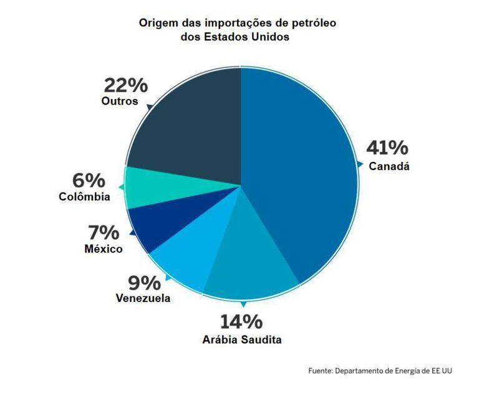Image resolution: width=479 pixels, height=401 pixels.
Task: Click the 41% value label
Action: [x=387, y=148]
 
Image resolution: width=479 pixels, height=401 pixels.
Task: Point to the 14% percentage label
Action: [x=241, y=322]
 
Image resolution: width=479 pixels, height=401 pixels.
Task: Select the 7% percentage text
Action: [x=103, y=233]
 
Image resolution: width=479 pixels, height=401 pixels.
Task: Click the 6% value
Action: [x=89, y=181]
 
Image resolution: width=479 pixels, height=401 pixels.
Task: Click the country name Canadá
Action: [x=389, y=166]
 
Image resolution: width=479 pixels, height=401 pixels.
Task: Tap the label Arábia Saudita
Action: [x=242, y=340]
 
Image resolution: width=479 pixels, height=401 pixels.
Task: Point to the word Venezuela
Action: [x=143, y=299]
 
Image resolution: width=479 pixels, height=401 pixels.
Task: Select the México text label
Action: [x=103, y=249]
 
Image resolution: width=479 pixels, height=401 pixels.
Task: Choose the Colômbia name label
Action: [x=85, y=197]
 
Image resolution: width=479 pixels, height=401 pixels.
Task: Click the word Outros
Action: [x=119, y=101]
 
